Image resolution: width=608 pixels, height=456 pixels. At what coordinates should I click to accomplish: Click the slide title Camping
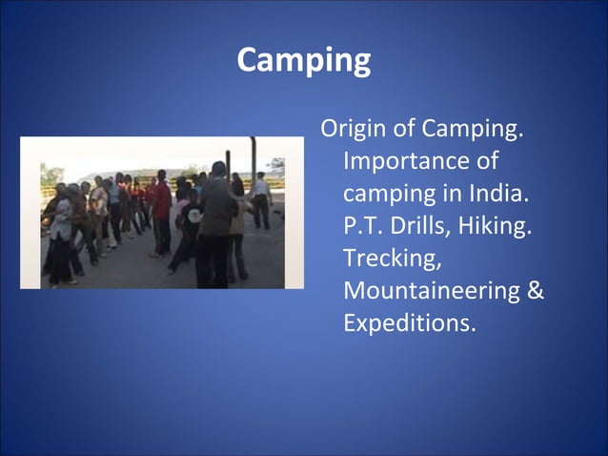click(303, 61)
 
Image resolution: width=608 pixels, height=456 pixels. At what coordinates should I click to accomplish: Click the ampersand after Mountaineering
click(536, 290)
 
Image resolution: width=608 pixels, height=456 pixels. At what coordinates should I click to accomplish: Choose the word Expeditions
click(409, 322)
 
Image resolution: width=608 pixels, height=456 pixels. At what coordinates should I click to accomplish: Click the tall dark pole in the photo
click(253, 162)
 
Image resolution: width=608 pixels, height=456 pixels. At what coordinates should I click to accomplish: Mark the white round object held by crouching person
click(193, 215)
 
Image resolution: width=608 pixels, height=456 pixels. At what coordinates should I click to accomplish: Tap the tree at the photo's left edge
click(48, 176)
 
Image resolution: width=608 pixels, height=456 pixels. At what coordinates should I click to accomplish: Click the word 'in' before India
click(453, 193)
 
